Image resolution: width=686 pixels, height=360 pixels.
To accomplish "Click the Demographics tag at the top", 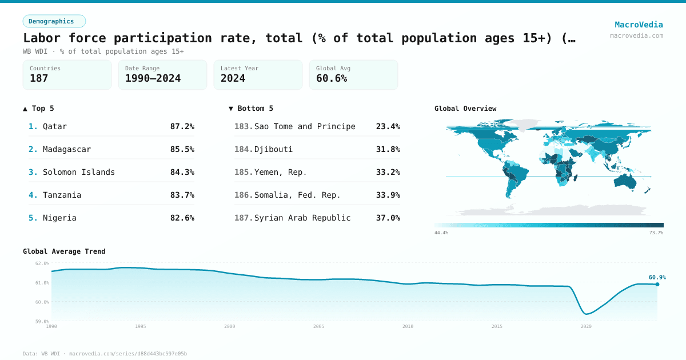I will [x=54, y=21].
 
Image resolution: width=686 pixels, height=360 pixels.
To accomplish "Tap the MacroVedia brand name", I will [x=639, y=25].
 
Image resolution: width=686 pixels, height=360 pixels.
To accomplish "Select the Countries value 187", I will [x=39, y=78].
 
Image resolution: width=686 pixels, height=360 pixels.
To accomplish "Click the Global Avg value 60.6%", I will [x=332, y=78].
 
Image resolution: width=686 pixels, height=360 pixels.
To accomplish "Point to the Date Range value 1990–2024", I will [x=153, y=78].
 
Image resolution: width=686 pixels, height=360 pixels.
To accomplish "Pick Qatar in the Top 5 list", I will [x=55, y=126].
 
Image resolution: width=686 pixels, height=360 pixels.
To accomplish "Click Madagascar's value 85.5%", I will [x=182, y=149].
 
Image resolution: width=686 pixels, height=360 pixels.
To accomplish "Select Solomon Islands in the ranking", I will [x=79, y=172].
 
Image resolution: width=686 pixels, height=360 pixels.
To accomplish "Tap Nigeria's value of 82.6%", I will [x=182, y=218].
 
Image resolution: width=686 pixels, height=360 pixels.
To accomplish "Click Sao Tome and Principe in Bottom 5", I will [x=305, y=126].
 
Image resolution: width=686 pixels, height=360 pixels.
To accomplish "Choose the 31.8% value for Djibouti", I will [x=388, y=149].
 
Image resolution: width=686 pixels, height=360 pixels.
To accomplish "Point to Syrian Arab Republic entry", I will [x=302, y=218].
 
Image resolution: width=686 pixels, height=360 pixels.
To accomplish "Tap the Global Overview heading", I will [x=465, y=109].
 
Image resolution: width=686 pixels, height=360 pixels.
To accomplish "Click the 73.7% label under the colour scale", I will [x=656, y=233].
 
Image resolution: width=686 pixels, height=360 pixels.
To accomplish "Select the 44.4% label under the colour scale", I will [x=441, y=233].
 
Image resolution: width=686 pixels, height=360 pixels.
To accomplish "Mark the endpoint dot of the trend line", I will [x=657, y=284].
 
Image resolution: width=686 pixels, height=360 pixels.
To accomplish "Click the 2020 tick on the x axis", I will [x=586, y=326].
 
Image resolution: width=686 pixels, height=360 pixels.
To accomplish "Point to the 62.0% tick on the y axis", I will [x=42, y=263].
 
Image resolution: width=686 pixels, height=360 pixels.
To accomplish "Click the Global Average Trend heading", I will [x=64, y=251].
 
